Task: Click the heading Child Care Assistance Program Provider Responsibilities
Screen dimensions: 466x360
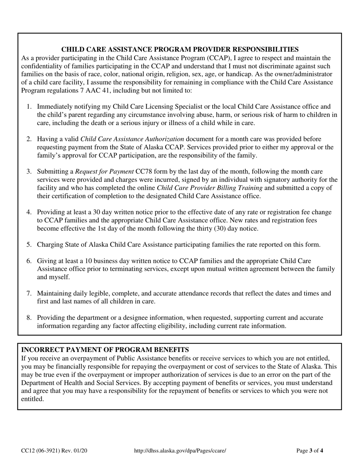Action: point(180,49)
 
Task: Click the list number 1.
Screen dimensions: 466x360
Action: point(29,106)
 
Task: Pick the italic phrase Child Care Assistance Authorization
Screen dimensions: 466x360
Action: point(132,139)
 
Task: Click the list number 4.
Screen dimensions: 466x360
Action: point(29,212)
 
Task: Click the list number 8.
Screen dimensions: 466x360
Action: point(29,317)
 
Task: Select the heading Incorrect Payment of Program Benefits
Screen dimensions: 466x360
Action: point(105,350)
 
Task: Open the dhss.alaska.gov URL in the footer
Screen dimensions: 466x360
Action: point(180,451)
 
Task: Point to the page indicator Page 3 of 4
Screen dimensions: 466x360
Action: point(310,451)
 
